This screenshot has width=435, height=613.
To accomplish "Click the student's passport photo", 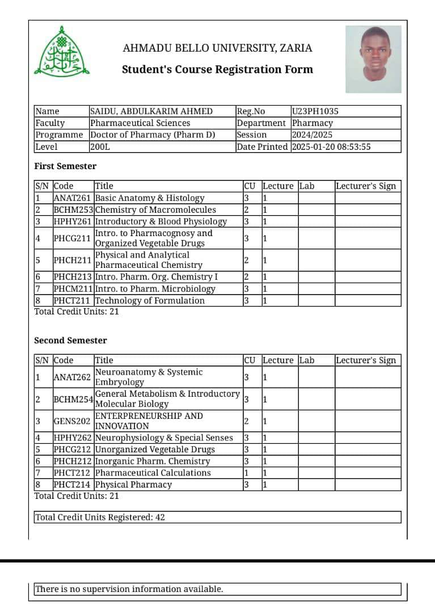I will tap(373, 59).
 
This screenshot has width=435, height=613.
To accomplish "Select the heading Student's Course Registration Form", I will tap(217, 70).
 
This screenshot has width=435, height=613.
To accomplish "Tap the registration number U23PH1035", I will tap(315, 111).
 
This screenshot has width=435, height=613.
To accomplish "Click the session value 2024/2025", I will tap(312, 135).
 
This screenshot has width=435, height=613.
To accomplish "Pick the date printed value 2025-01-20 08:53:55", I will tap(331, 147).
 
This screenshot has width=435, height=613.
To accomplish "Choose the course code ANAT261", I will tap(72, 198).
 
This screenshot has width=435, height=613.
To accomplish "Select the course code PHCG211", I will tap(72, 238).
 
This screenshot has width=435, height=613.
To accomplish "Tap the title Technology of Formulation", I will tap(150, 301).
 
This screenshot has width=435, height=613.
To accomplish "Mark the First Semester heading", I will tap(65, 166).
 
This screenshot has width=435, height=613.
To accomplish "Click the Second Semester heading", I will tap(70, 341).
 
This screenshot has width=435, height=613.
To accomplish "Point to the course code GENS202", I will tap(72, 421).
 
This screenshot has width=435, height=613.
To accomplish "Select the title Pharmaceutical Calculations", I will tap(153, 473).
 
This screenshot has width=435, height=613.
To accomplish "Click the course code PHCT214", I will tap(72, 485).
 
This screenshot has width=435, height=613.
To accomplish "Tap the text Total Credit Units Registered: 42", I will tap(100, 518).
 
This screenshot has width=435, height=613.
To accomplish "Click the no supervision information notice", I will tap(129, 589).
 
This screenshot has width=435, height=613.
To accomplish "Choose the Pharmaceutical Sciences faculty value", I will tap(140, 123).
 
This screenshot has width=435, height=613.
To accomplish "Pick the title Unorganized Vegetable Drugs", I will tap(155, 450).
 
